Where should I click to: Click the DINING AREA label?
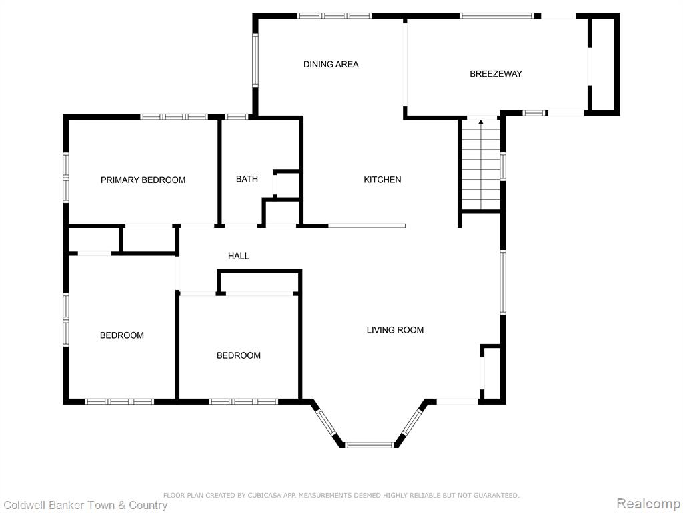331,65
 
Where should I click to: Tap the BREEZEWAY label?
496,74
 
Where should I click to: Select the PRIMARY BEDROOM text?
143,180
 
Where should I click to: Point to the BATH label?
247,179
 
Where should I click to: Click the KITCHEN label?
382,180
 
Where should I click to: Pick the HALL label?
239,256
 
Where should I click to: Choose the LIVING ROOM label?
395,330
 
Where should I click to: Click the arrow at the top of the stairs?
481,124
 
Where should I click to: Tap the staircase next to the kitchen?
481,165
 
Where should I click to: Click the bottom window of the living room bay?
370,445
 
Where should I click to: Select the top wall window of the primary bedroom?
174,117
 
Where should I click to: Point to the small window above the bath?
237,117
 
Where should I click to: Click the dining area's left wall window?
255,59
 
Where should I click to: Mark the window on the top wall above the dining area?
335,16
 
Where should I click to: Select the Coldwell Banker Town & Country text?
85,505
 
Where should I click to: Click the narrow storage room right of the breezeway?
603,64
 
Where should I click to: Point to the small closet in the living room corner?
492,372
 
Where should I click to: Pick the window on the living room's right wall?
503,283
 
